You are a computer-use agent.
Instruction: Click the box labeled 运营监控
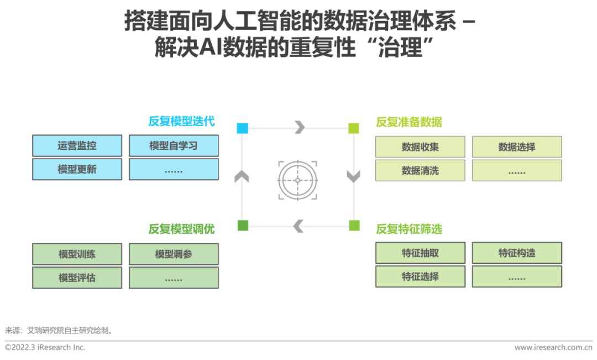77,145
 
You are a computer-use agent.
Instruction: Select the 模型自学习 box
174,145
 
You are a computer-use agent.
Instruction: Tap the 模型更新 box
77,169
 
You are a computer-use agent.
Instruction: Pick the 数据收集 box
420,147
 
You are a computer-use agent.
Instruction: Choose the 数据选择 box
517,147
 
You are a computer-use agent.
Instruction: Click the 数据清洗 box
420,170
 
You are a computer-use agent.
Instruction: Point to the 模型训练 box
77,254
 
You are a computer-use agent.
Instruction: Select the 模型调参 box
174,254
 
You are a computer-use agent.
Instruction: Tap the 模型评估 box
77,278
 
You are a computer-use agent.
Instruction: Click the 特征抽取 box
420,253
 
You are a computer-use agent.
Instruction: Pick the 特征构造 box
517,253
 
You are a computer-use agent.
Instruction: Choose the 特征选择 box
420,276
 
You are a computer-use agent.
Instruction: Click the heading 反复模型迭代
182,121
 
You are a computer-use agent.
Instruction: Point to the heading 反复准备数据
409,122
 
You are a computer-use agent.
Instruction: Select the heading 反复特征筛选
409,229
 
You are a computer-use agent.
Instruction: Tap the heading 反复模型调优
182,229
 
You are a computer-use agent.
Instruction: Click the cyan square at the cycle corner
243,128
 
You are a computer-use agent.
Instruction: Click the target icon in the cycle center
298,180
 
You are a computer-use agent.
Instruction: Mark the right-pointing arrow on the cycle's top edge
300,127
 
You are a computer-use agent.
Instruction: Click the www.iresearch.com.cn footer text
553,347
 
